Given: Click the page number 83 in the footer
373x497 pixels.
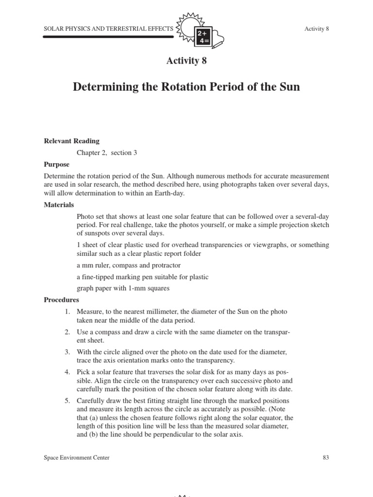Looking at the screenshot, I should [x=325, y=457].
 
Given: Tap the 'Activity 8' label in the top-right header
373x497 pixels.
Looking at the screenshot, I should [x=317, y=29].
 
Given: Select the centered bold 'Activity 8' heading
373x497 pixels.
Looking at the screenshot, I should [x=186, y=61].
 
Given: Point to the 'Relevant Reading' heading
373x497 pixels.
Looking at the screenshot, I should [x=71, y=141].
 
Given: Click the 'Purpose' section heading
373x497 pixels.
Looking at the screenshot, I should [x=56, y=165].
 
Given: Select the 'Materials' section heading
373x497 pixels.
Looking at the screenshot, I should [x=59, y=205].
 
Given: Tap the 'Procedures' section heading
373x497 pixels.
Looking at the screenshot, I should [x=61, y=300].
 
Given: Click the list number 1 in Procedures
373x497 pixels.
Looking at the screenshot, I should [x=68, y=311].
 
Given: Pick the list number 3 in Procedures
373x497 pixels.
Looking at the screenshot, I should [x=68, y=351].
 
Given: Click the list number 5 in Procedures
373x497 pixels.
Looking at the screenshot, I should [x=68, y=401].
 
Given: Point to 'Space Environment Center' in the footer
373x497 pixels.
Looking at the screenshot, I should [x=76, y=457].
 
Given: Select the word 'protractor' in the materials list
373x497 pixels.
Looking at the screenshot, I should [x=165, y=265].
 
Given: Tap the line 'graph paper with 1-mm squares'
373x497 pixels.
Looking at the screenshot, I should [x=123, y=288].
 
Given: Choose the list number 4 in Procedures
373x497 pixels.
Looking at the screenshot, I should [x=68, y=372].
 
